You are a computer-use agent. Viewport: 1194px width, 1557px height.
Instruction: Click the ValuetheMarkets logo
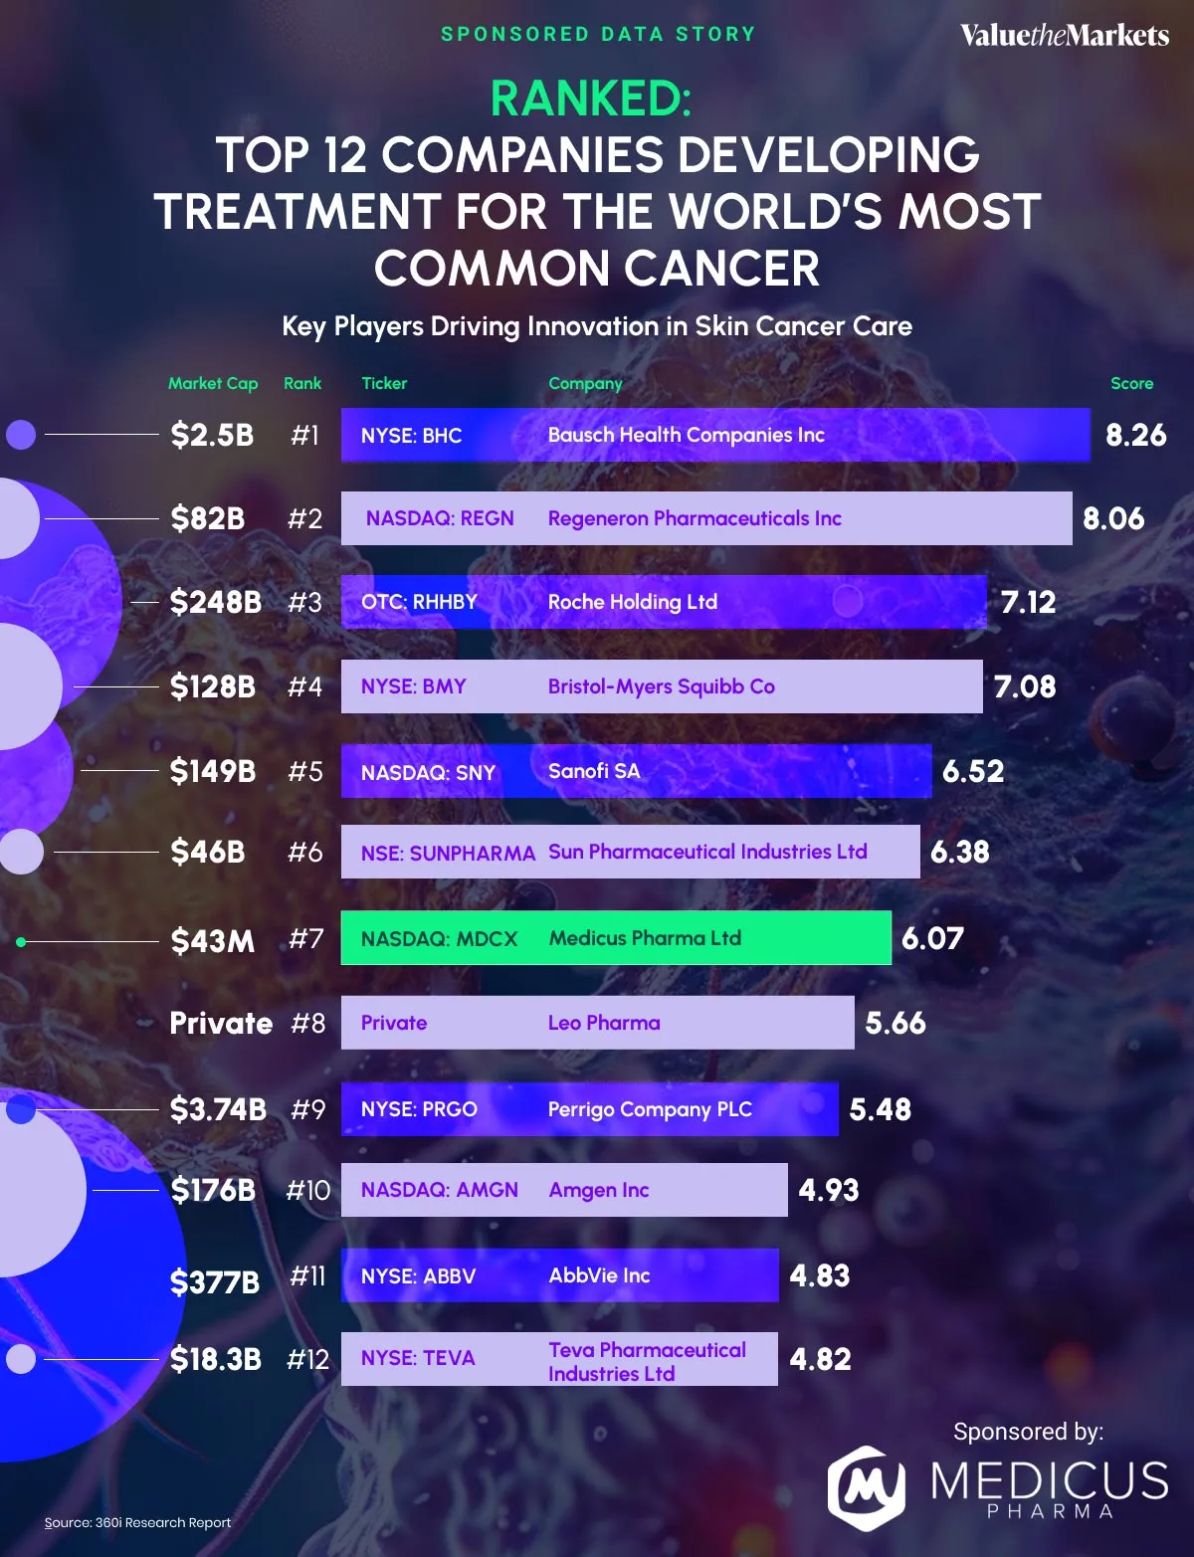pos(1064,36)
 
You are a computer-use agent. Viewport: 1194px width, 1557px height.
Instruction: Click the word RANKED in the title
pos(590,98)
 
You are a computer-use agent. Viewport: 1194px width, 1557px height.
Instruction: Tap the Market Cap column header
pos(212,383)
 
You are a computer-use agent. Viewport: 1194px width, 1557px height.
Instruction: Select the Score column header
pos(1131,383)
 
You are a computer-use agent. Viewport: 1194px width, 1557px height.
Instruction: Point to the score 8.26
pos(1135,435)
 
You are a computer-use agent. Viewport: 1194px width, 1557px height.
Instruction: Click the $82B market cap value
pos(207,518)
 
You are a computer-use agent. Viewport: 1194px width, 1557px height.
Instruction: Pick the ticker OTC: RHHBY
pos(419,602)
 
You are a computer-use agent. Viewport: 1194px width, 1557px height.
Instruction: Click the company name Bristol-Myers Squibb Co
pos(661,686)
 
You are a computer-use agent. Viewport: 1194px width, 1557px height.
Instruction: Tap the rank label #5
pos(304,771)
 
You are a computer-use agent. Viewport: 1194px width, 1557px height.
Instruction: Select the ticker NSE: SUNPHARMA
pos(448,853)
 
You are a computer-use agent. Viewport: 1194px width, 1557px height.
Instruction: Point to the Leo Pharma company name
pos(604,1023)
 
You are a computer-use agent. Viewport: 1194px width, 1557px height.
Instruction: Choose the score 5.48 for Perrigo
pos(880,1109)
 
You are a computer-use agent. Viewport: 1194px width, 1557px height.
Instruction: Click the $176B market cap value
pos(212,1190)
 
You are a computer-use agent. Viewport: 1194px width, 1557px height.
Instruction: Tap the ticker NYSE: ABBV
pos(418,1275)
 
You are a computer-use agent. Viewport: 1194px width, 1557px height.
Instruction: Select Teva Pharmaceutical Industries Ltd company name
pos(647,1361)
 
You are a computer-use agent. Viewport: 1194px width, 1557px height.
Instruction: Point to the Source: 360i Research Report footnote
pos(137,1522)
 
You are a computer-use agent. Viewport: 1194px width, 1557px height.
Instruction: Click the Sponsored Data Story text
pos(598,34)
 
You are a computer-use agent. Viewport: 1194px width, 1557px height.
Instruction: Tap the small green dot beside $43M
pos(21,941)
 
